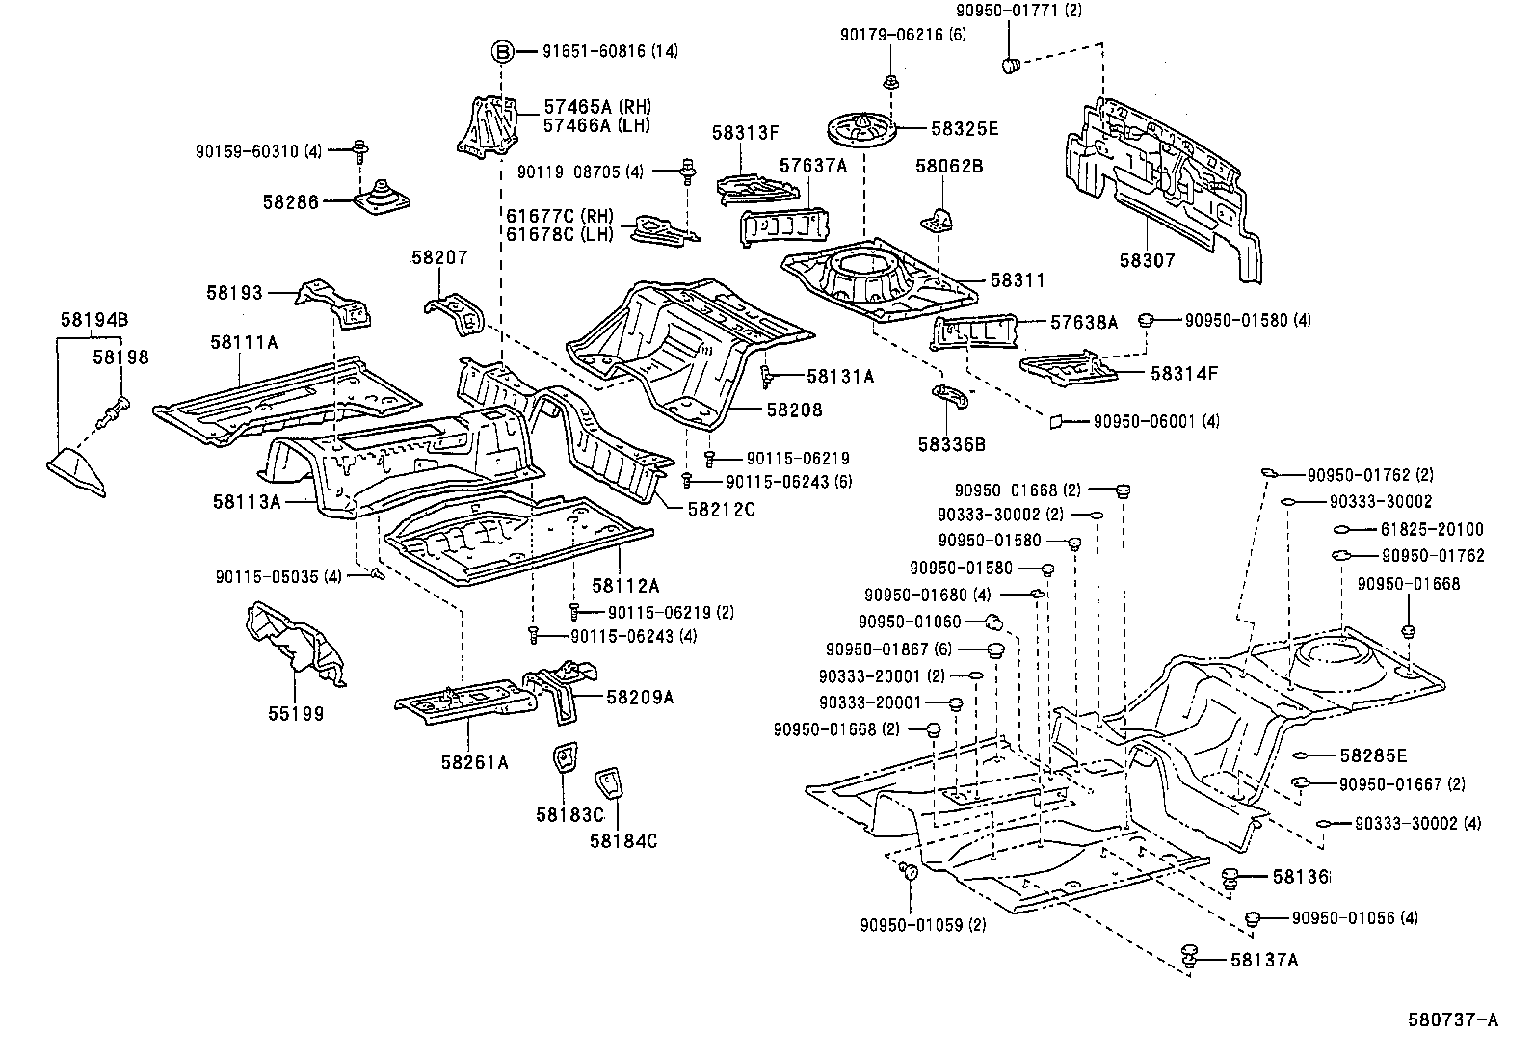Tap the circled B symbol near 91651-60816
tap(503, 51)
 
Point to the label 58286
tap(290, 202)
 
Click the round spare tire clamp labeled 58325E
tap(859, 128)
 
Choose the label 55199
tap(296, 714)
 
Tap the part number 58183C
tap(569, 815)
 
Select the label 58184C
tap(623, 840)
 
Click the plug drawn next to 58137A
tap(1189, 954)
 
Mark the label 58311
tap(1018, 280)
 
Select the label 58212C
tap(722, 509)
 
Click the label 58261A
tap(474, 763)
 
